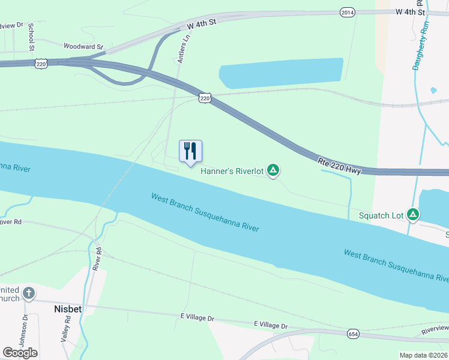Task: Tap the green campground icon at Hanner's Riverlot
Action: point(273,171)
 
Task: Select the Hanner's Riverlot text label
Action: point(232,172)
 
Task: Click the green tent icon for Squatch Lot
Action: point(413,214)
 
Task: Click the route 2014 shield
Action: point(347,12)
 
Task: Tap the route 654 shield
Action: point(353,333)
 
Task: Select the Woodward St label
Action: point(83,46)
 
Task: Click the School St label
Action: point(31,37)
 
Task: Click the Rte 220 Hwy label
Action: point(339,166)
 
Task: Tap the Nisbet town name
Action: point(68,308)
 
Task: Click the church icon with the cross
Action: point(28,293)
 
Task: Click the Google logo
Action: point(20,353)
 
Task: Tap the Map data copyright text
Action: point(423,355)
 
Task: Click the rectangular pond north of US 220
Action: point(281,74)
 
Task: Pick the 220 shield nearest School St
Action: point(41,64)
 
